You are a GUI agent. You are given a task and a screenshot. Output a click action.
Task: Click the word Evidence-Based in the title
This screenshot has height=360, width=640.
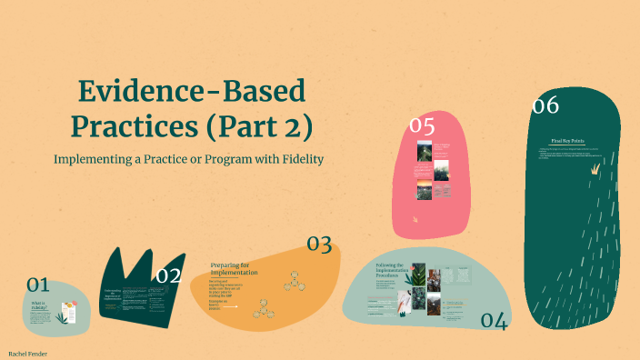click(192, 92)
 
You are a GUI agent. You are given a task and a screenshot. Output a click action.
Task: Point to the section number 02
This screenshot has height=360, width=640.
click(168, 275)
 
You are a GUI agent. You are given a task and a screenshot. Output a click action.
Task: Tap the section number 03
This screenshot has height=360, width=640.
click(318, 244)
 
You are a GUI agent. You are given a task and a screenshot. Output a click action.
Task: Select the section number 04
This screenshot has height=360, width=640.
click(493, 320)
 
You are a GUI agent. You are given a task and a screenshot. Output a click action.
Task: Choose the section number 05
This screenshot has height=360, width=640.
click(422, 125)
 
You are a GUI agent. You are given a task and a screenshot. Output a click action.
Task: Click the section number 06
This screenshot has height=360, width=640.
click(545, 106)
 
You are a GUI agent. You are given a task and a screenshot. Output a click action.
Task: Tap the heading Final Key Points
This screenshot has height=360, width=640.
click(567, 142)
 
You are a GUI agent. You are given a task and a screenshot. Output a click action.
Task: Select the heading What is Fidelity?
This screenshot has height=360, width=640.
click(38, 305)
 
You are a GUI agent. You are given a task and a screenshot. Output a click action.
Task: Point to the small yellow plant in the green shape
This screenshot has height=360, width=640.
click(596, 167)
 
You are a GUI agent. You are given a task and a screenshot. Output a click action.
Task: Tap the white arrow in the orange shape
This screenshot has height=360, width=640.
click(230, 307)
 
